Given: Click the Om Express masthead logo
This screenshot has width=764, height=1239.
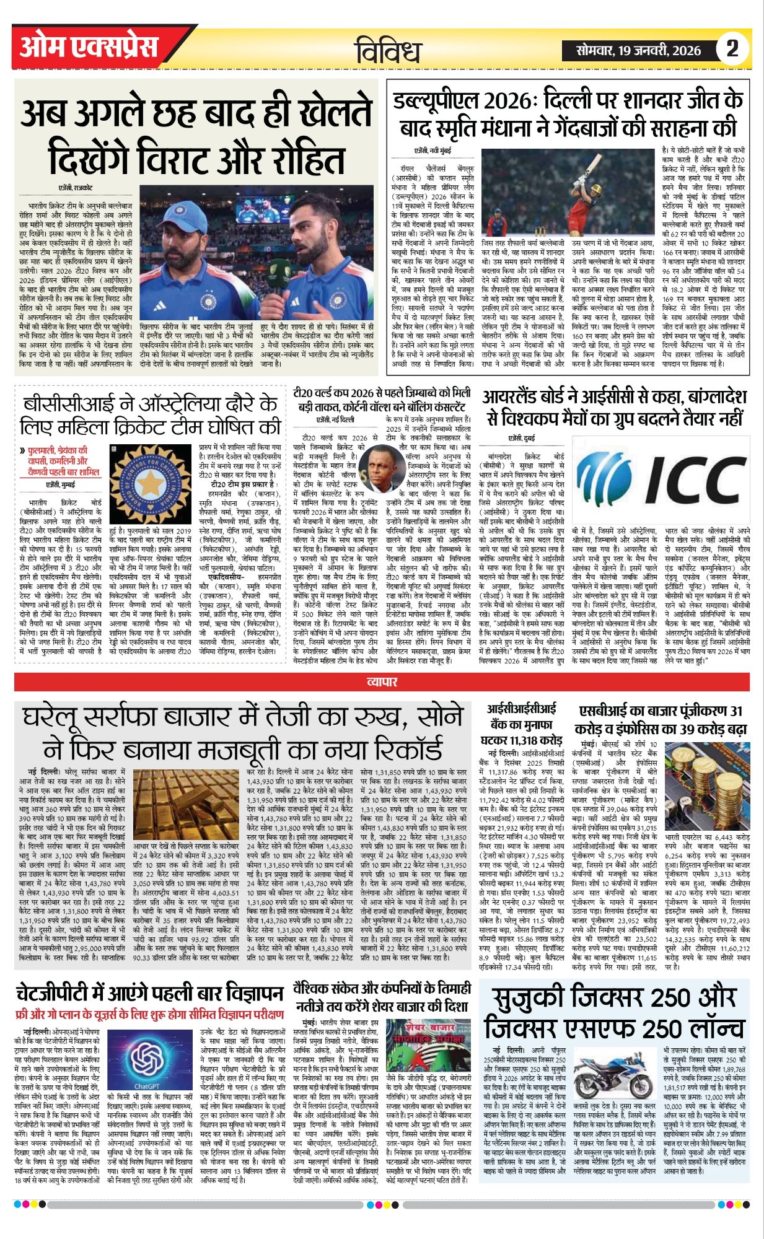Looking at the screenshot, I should (x=89, y=47).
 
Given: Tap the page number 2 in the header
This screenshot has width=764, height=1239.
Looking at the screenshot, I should (x=732, y=48).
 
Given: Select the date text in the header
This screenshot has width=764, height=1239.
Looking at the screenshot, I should (x=638, y=51).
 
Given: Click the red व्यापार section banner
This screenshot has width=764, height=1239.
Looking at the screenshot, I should (x=382, y=682).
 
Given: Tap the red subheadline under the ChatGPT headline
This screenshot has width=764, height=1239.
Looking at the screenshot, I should (x=149, y=1017).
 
